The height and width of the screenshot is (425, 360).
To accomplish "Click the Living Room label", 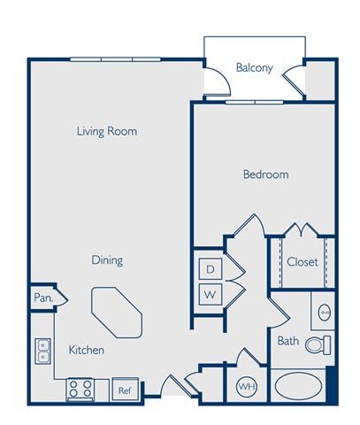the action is tap(107, 131).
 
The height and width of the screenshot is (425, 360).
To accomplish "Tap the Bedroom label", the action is tap(265, 174).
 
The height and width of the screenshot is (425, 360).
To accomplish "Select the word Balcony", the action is tap(254, 68).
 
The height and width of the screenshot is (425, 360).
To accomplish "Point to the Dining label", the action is tap(107, 260).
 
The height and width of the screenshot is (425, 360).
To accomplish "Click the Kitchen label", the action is tap(87, 350).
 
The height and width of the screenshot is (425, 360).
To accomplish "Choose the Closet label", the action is tap(303, 262).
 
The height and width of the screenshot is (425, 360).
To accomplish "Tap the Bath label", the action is tap(288, 341).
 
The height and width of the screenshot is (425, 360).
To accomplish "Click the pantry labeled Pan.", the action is tap(43, 297).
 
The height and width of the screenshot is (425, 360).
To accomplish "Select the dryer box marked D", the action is tap(211, 269).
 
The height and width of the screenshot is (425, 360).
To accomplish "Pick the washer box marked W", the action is tap(211, 294).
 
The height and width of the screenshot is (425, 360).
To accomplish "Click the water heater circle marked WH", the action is tap(247, 386).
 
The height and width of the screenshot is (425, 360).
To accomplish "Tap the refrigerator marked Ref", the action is tap(125, 390).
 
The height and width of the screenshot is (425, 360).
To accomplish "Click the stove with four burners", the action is tap(80, 390).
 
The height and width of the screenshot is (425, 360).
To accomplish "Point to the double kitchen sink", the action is tap(43, 352).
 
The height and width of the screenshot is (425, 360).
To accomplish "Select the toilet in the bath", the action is tap(318, 345).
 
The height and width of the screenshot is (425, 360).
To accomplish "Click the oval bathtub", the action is tap(298, 385).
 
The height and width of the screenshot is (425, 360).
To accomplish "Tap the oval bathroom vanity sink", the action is tap(325, 312).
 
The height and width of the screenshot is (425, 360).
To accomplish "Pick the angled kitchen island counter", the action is tap(117, 313).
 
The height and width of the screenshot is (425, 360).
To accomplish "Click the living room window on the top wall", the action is tap(115, 59).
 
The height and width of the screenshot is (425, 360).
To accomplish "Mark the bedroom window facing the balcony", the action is tap(255, 103).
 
